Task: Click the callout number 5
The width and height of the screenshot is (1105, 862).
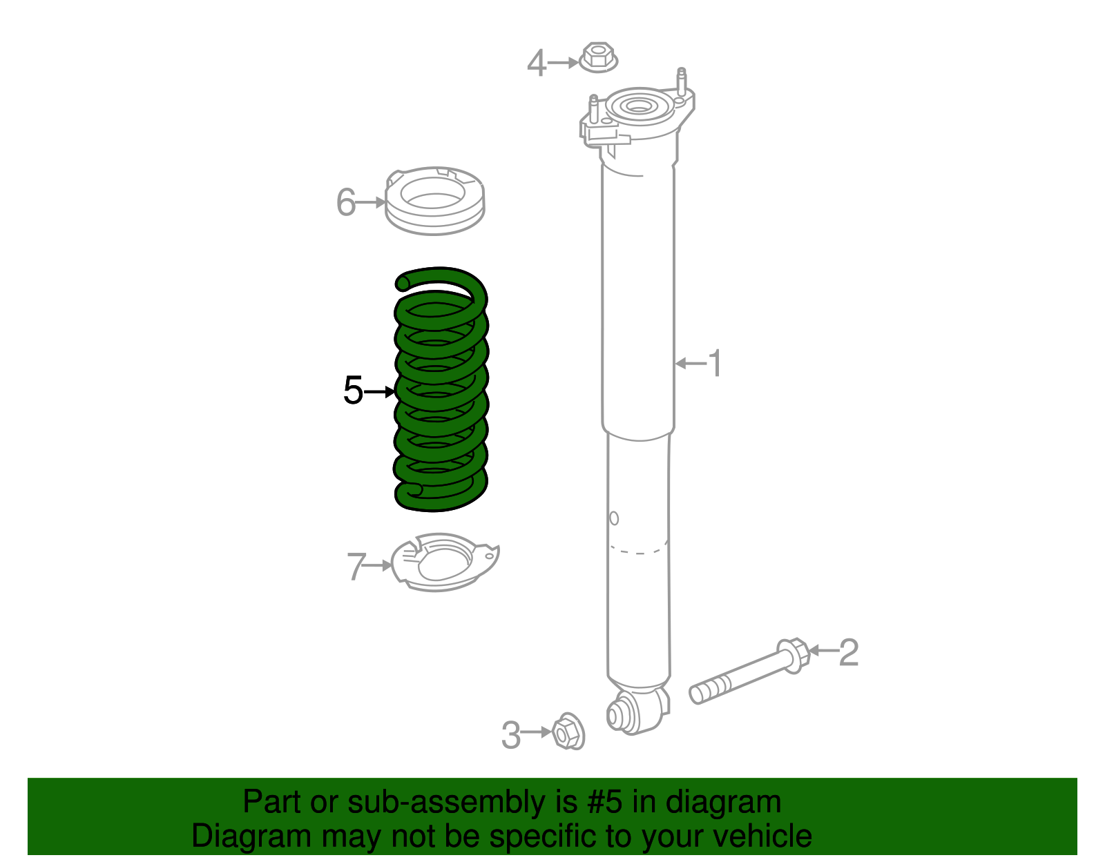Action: point(352,391)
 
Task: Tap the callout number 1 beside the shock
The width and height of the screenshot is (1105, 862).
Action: point(715,363)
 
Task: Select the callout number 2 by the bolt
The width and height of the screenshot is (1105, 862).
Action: point(849,652)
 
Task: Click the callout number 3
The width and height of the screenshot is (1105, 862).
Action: point(510,734)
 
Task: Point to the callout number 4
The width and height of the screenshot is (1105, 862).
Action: point(537,63)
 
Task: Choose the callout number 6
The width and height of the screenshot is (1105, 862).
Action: point(345,202)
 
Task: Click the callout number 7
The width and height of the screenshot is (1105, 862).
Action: point(356,566)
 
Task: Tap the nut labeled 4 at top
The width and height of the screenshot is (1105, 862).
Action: point(597,57)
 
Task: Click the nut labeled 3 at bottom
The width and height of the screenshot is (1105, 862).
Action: point(568,732)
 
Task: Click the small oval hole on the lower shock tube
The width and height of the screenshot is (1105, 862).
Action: point(613,518)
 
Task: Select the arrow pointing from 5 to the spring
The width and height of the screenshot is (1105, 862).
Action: point(378,391)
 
